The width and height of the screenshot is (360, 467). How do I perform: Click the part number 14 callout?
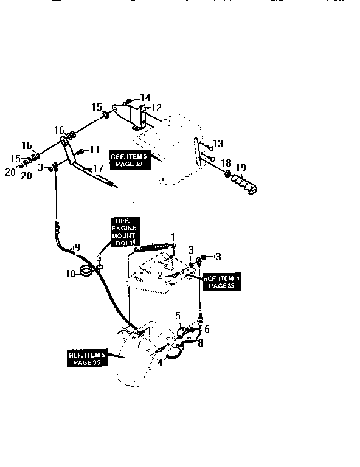click(x=145, y=97)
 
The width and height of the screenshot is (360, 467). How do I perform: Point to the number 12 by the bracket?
click(x=156, y=108)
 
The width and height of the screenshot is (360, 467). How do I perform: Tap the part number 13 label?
click(x=218, y=144)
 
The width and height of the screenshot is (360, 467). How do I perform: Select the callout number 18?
click(x=226, y=163)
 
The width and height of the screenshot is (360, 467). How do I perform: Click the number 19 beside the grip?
click(x=241, y=168)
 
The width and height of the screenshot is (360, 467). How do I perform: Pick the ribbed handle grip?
click(x=246, y=184)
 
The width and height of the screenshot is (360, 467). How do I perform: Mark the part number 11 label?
click(x=94, y=150)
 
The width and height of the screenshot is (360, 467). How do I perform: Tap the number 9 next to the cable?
click(x=77, y=247)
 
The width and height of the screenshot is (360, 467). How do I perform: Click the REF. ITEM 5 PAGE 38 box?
click(x=130, y=160)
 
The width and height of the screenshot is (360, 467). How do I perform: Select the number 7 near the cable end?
click(x=139, y=345)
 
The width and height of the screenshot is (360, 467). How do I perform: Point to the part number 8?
click(x=201, y=342)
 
